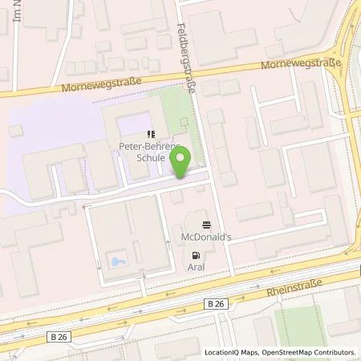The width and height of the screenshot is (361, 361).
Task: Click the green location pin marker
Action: (x=182, y=160)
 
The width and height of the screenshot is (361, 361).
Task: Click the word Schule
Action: (x=150, y=158)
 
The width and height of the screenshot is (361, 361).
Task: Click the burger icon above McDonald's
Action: (x=207, y=225)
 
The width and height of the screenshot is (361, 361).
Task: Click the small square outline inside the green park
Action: (x=184, y=123)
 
